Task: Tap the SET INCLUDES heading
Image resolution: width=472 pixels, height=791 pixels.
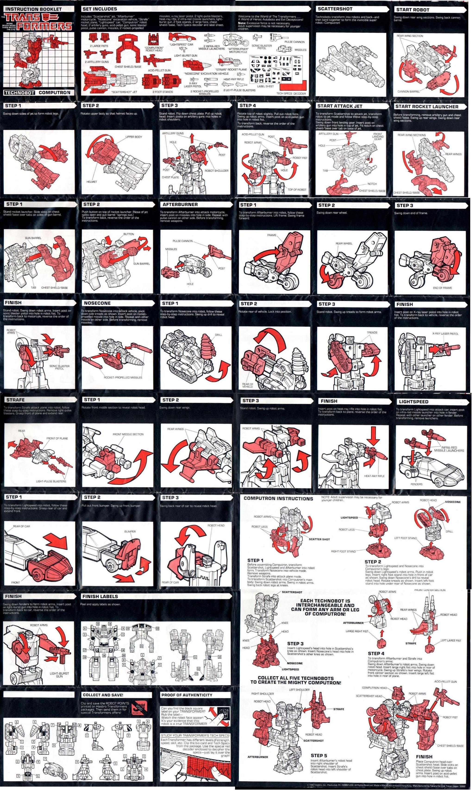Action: point(100,9)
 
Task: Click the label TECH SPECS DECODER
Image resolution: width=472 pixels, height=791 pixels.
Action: point(291,93)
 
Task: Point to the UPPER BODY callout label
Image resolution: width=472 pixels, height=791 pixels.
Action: point(134,137)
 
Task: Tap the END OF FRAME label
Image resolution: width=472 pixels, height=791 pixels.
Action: point(442,288)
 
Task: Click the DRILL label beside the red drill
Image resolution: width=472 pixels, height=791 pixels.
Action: point(218,335)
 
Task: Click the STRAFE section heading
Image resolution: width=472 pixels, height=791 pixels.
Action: point(15,400)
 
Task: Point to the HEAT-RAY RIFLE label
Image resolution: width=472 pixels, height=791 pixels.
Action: point(374,476)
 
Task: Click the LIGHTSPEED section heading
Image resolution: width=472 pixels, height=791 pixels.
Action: point(413,401)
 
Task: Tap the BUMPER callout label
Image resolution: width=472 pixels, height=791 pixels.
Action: point(130,531)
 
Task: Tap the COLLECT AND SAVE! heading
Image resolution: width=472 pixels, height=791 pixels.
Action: point(103,695)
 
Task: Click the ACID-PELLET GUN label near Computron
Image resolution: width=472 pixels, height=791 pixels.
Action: point(445,681)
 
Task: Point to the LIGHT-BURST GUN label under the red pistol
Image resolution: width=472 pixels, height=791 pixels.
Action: point(59,675)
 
